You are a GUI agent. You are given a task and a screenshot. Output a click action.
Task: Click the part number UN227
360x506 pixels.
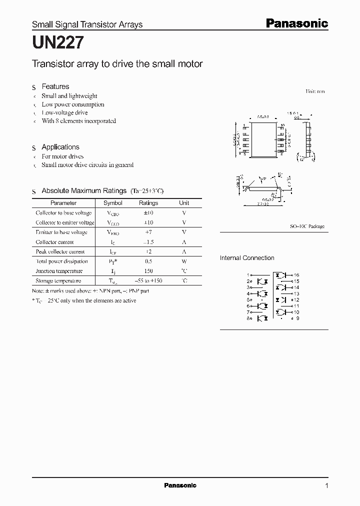tap(54, 43)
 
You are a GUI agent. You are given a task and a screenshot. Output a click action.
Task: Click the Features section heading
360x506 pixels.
tap(55, 86)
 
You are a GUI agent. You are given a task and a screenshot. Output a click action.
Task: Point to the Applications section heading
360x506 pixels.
tap(60, 147)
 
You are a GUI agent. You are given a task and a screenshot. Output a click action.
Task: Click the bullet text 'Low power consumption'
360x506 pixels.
tap(73, 104)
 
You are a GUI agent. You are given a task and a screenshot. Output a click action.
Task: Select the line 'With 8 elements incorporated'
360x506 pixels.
tap(78, 121)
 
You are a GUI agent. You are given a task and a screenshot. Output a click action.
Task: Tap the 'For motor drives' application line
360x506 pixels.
tap(62, 156)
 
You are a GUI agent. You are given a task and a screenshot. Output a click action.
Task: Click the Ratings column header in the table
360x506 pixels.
tap(148, 203)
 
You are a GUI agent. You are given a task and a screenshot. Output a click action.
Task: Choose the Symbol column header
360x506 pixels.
tap(112, 203)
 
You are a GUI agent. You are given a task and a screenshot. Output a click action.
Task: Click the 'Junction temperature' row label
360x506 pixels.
tap(59, 271)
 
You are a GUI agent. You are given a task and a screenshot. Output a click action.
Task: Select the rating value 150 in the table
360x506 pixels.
tap(148, 271)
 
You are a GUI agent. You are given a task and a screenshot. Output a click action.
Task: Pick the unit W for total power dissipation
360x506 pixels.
tap(184, 261)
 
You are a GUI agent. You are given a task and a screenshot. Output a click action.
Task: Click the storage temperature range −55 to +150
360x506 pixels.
tap(148, 281)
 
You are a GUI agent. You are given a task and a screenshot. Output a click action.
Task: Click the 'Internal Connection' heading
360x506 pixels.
tap(247, 258)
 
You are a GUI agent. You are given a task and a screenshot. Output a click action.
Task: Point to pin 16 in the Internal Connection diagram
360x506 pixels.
tap(296, 275)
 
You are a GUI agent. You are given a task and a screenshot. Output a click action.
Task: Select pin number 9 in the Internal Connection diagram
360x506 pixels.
tap(297, 318)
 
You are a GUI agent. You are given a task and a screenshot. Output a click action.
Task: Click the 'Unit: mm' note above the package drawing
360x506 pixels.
tap(315, 92)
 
